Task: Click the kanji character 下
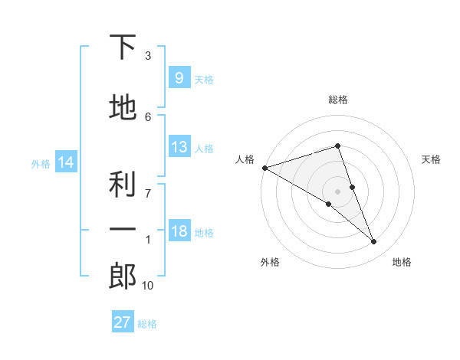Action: pyautogui.click(x=123, y=47)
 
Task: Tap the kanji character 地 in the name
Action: pyautogui.click(x=123, y=108)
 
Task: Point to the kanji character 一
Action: pyautogui.click(x=123, y=229)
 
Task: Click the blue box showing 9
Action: pyautogui.click(x=179, y=77)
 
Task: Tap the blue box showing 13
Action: pyautogui.click(x=179, y=147)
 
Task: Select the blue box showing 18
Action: pyautogui.click(x=179, y=232)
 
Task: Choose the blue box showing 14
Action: pyautogui.click(x=65, y=162)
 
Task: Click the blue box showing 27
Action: pyautogui.click(x=123, y=322)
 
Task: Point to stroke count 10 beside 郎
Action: pyautogui.click(x=147, y=286)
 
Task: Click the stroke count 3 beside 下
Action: pyautogui.click(x=148, y=56)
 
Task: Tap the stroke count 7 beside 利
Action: pyautogui.click(x=148, y=192)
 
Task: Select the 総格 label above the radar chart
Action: pyautogui.click(x=338, y=100)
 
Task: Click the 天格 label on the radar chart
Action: pyautogui.click(x=432, y=159)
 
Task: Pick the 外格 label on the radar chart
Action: pyautogui.click(x=270, y=262)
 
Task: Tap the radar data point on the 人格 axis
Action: pyautogui.click(x=264, y=168)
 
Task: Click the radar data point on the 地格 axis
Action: pyautogui.click(x=374, y=242)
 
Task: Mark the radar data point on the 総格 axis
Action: pyautogui.click(x=338, y=146)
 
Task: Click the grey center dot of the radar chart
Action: pyautogui.click(x=338, y=191)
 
